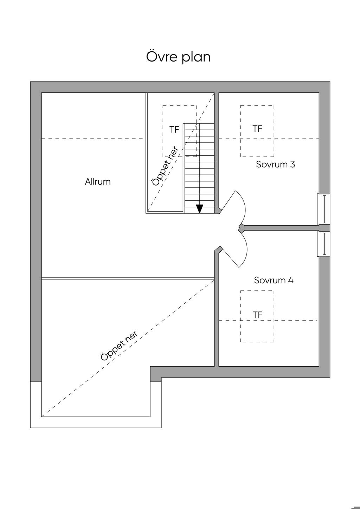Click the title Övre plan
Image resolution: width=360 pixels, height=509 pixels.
(x=178, y=57)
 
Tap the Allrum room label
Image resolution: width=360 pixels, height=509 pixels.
(x=98, y=182)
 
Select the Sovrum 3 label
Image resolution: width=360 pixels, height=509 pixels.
(x=275, y=164)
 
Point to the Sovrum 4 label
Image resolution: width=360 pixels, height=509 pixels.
(x=274, y=280)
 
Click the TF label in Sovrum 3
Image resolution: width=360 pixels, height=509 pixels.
(x=257, y=129)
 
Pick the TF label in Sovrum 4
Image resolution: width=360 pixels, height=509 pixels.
(x=257, y=315)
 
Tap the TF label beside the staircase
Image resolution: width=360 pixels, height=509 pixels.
(x=174, y=130)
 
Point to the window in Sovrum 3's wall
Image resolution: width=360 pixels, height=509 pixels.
(x=324, y=209)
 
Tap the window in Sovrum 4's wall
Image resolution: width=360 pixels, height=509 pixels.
(x=324, y=244)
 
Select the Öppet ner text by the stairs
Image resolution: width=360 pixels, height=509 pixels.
(x=165, y=166)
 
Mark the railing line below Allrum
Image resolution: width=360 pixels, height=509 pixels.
(x=128, y=279)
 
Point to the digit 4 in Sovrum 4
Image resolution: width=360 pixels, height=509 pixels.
(x=291, y=280)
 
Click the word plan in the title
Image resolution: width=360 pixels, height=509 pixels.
(x=196, y=58)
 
